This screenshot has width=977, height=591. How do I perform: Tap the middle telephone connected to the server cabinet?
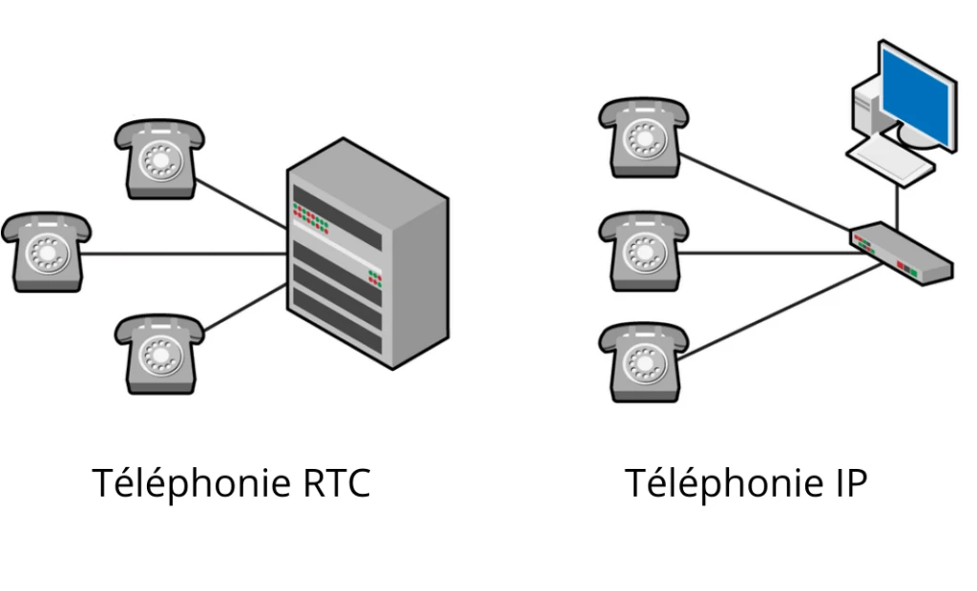pyautogui.click(x=46, y=252)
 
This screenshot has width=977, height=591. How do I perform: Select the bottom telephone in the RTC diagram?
pyautogui.click(x=159, y=355)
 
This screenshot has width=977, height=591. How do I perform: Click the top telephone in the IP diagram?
pyautogui.click(x=643, y=139)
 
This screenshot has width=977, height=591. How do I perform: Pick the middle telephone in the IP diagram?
pyautogui.click(x=643, y=252)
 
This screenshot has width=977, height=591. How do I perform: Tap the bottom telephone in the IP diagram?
pyautogui.click(x=643, y=362)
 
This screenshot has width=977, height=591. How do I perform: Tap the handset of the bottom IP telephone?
pyautogui.click(x=643, y=336)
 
